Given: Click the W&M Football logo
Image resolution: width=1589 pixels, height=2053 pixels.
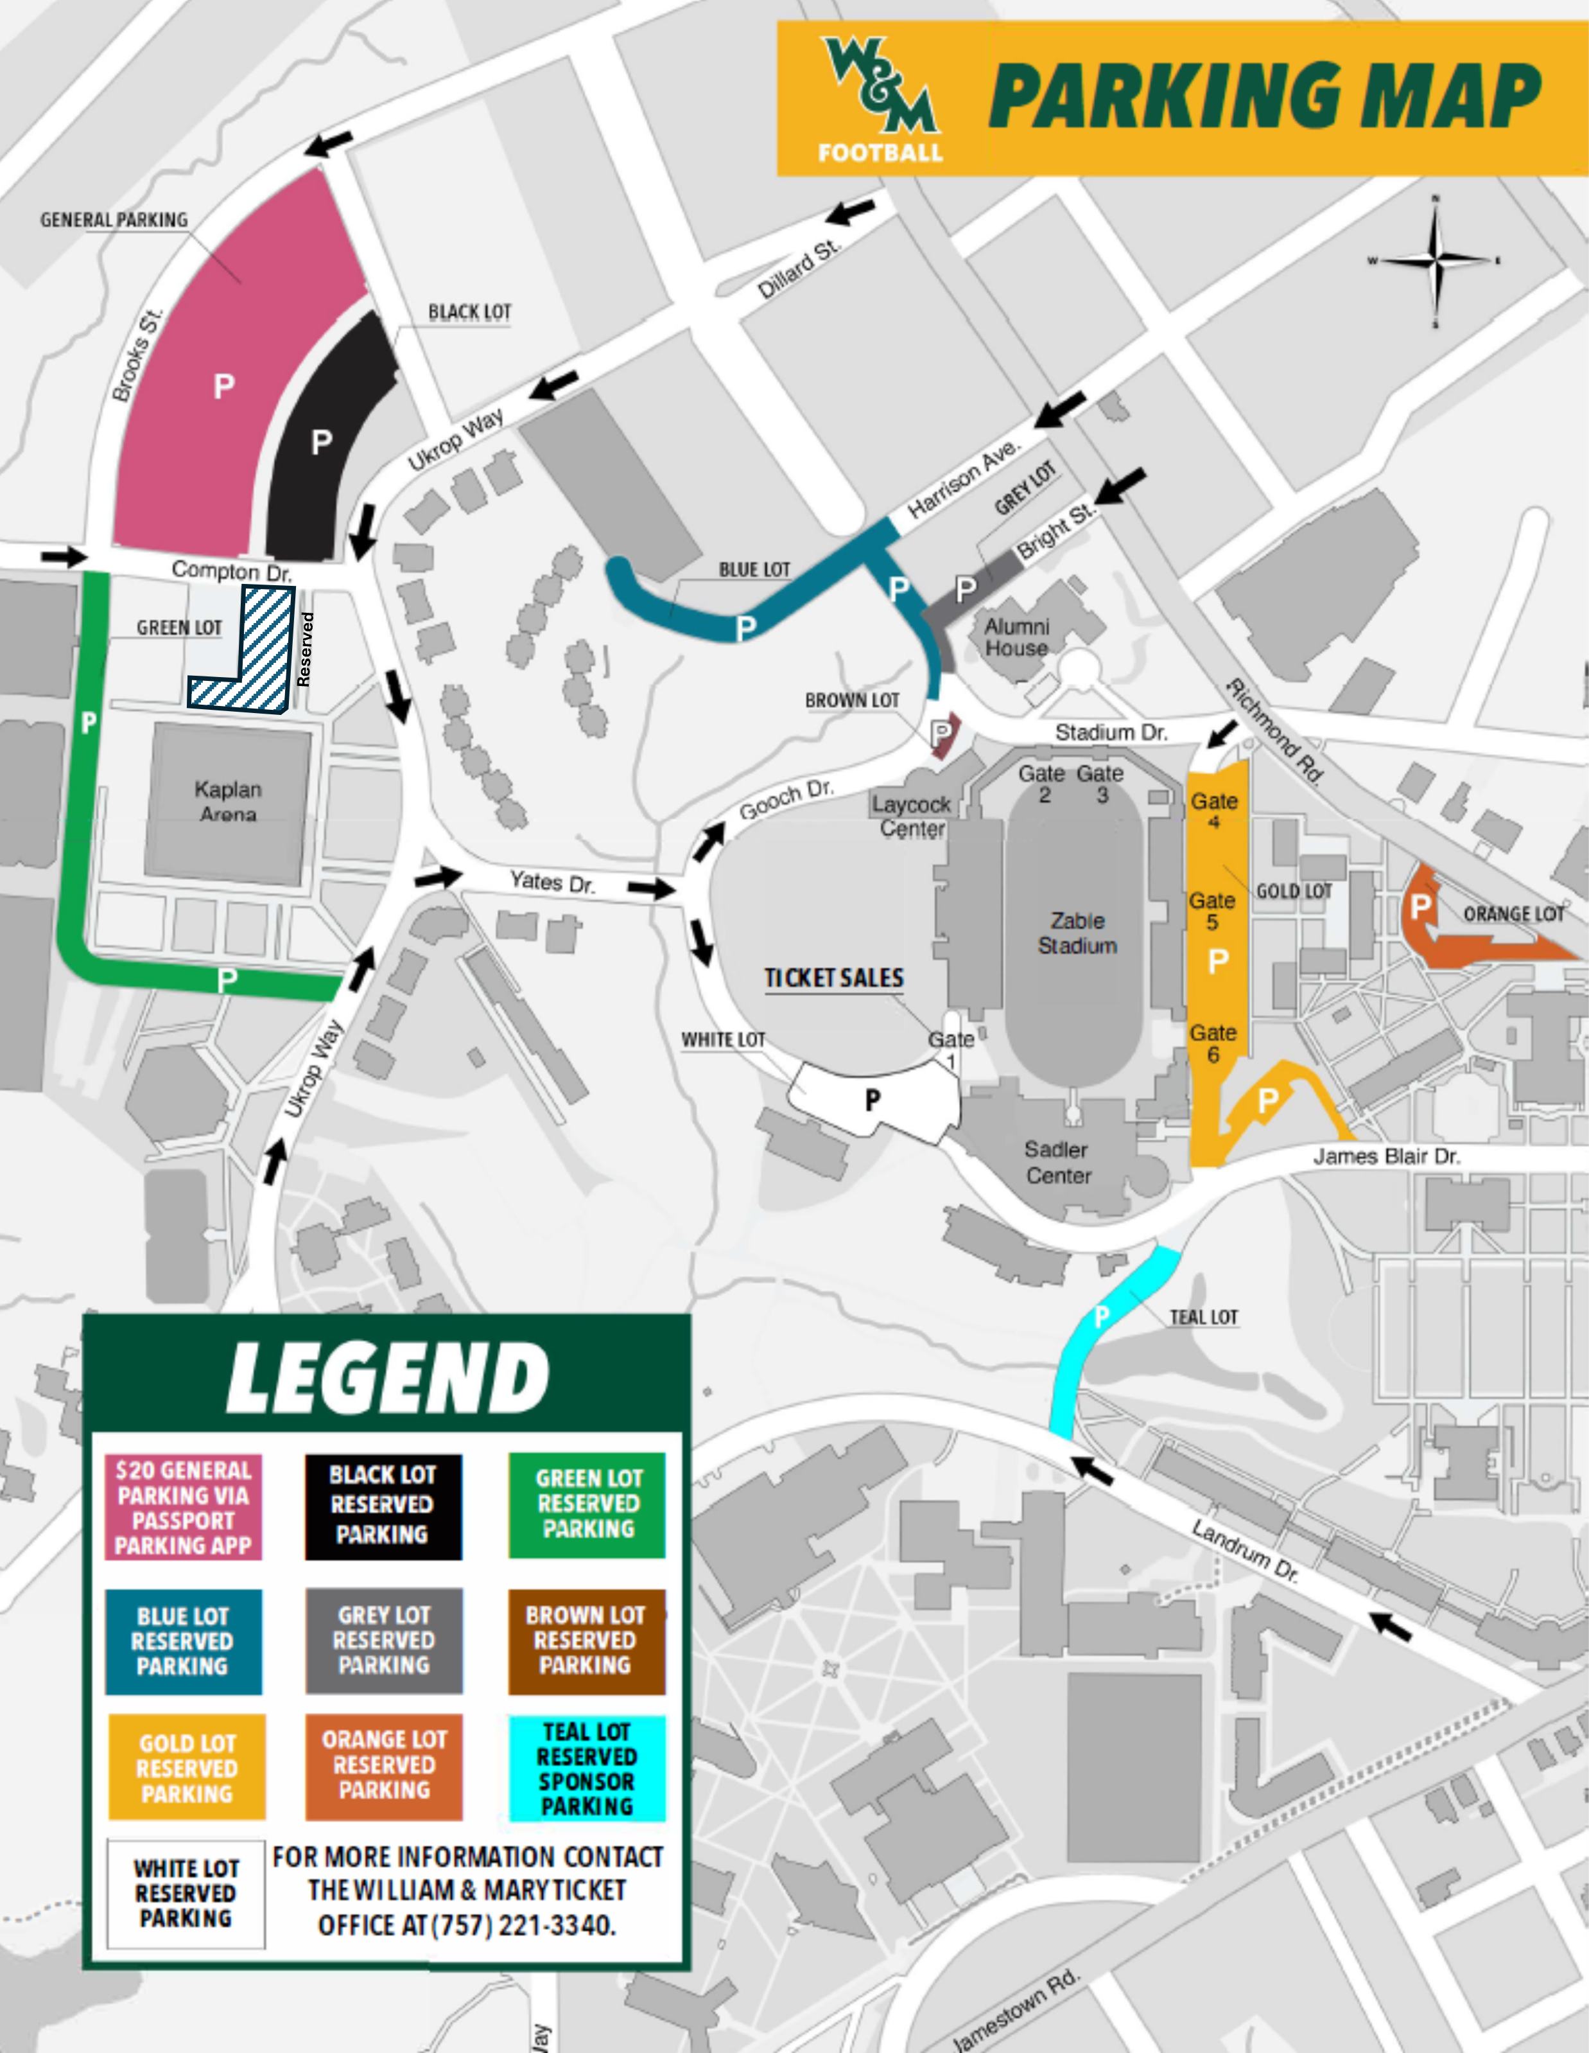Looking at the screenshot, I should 880,99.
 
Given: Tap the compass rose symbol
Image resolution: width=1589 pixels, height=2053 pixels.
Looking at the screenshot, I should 1435,258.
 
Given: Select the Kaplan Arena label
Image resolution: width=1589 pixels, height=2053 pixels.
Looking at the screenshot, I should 229,801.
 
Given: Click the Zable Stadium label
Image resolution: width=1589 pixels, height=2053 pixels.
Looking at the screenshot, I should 1077,933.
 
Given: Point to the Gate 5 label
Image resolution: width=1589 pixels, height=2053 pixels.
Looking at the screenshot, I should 1211,911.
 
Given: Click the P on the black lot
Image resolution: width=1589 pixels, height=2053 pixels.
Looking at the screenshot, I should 322,442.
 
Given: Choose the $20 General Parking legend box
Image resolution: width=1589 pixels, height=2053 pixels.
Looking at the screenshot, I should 183,1508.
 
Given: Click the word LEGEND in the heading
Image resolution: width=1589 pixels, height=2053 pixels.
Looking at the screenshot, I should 387,1378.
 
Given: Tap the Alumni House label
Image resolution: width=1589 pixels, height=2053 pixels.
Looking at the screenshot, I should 1017,637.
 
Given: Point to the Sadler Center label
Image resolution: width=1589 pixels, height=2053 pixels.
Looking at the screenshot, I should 1057,1163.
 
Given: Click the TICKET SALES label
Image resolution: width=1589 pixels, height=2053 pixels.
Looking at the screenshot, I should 833,978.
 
